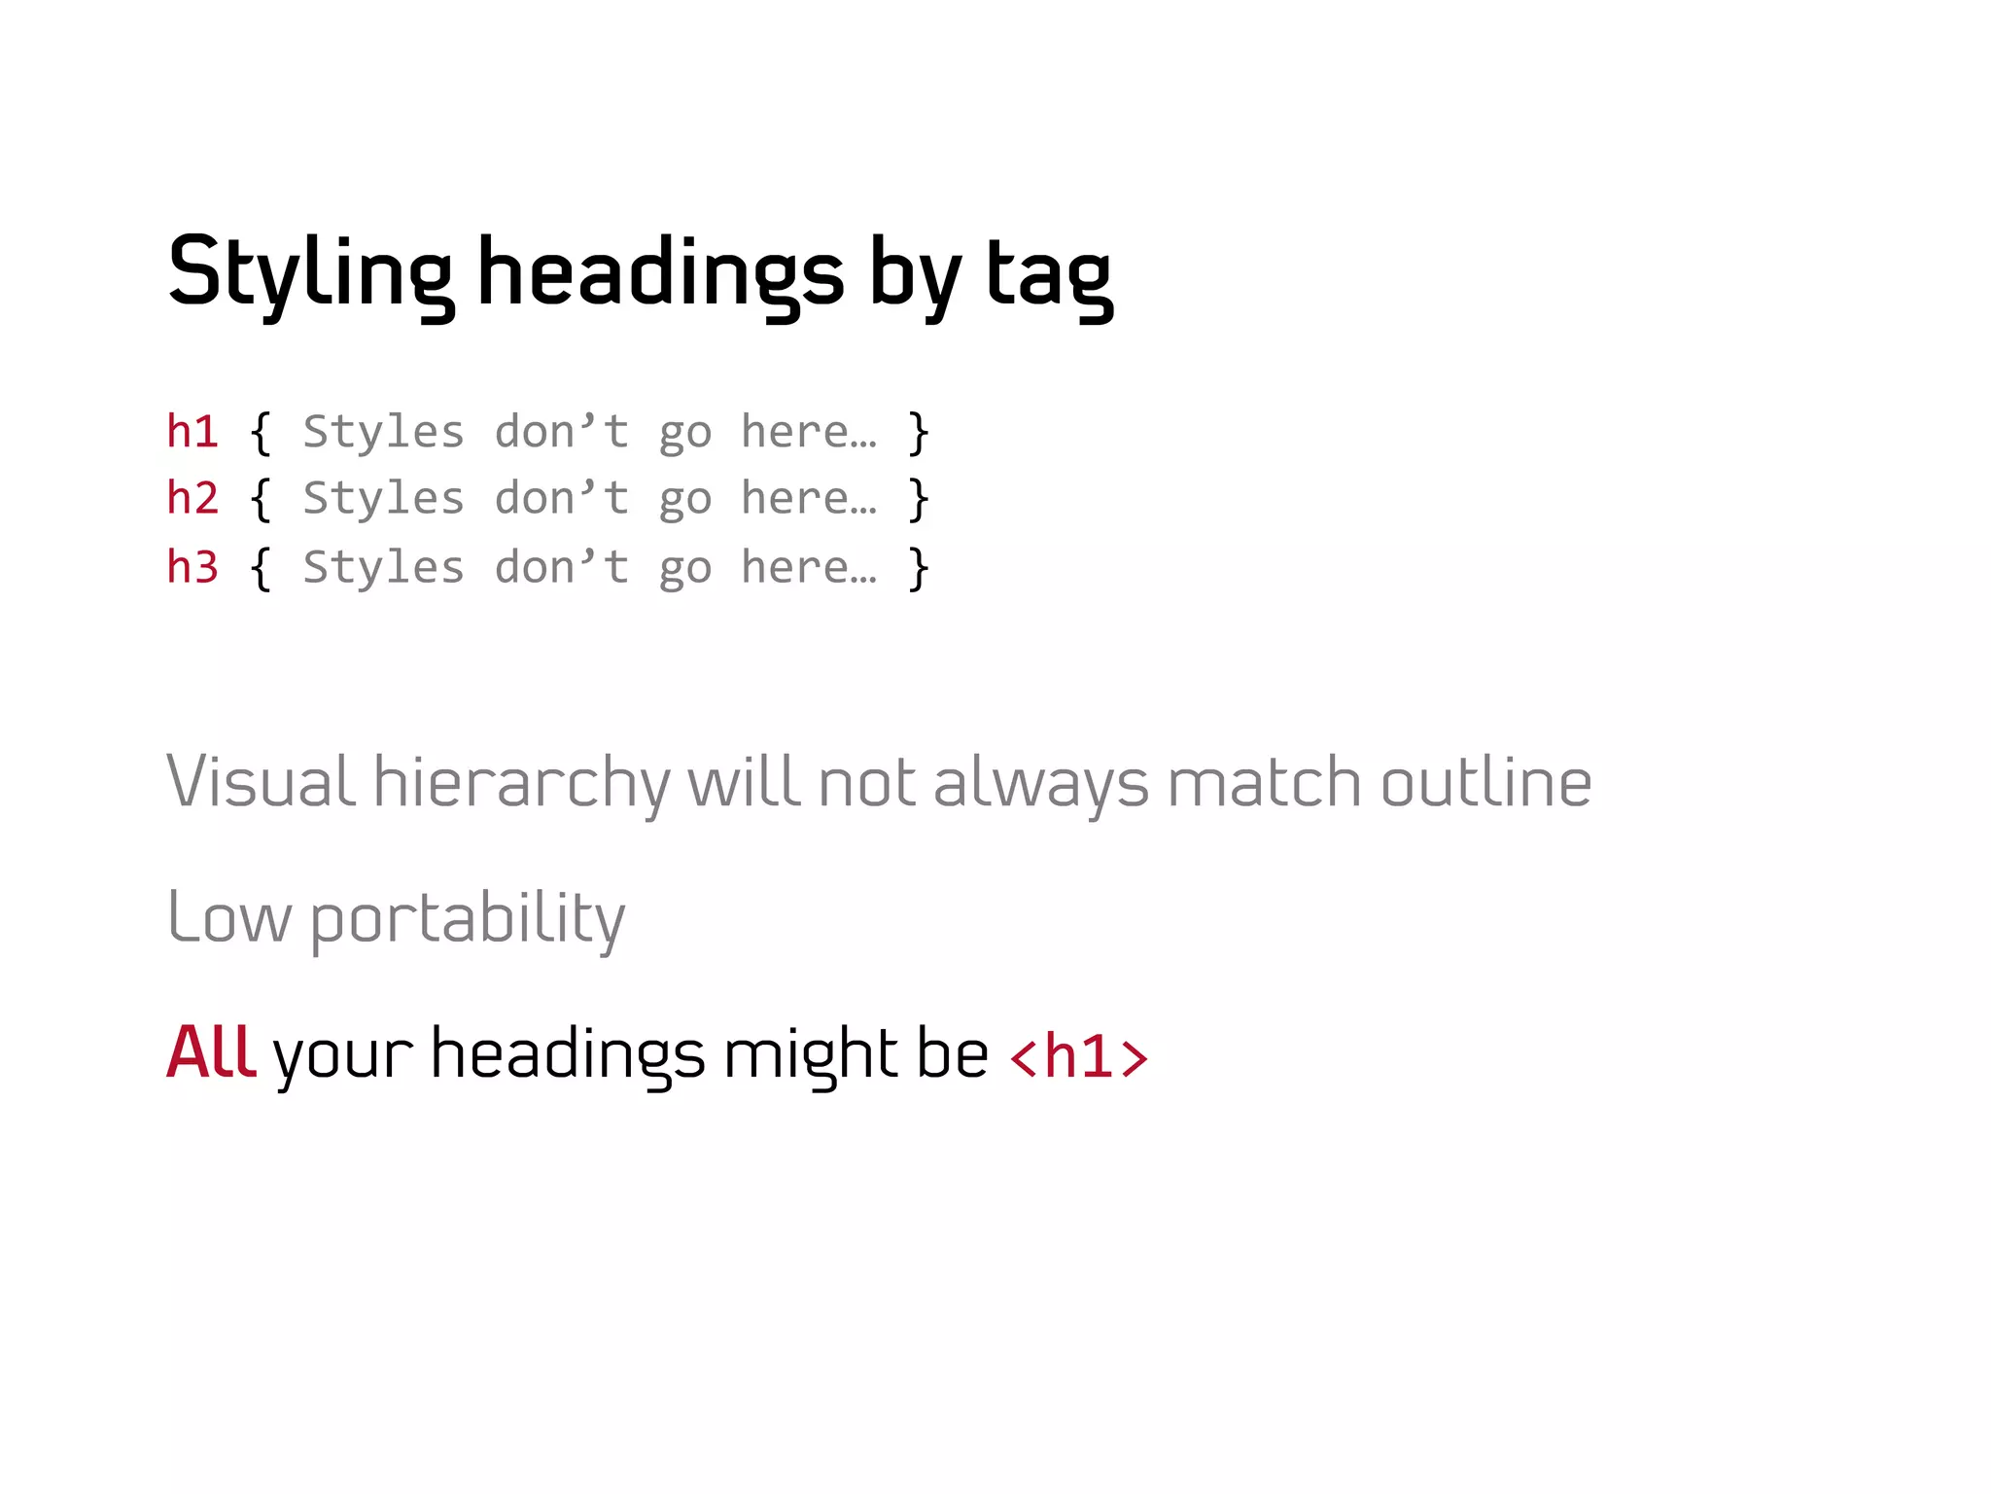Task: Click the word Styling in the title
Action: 309,272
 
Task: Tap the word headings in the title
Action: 660,272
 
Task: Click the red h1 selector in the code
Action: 192,431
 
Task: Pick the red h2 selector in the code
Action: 192,498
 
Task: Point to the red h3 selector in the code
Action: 192,566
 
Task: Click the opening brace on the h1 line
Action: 261,433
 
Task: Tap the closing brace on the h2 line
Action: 918,500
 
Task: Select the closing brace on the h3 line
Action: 918,568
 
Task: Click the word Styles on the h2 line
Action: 383,498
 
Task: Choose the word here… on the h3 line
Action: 809,566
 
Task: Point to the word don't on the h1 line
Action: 561,431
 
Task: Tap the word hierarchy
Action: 522,783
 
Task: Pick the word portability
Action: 468,919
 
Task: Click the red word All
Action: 211,1052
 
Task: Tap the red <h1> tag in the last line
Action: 1079,1056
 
